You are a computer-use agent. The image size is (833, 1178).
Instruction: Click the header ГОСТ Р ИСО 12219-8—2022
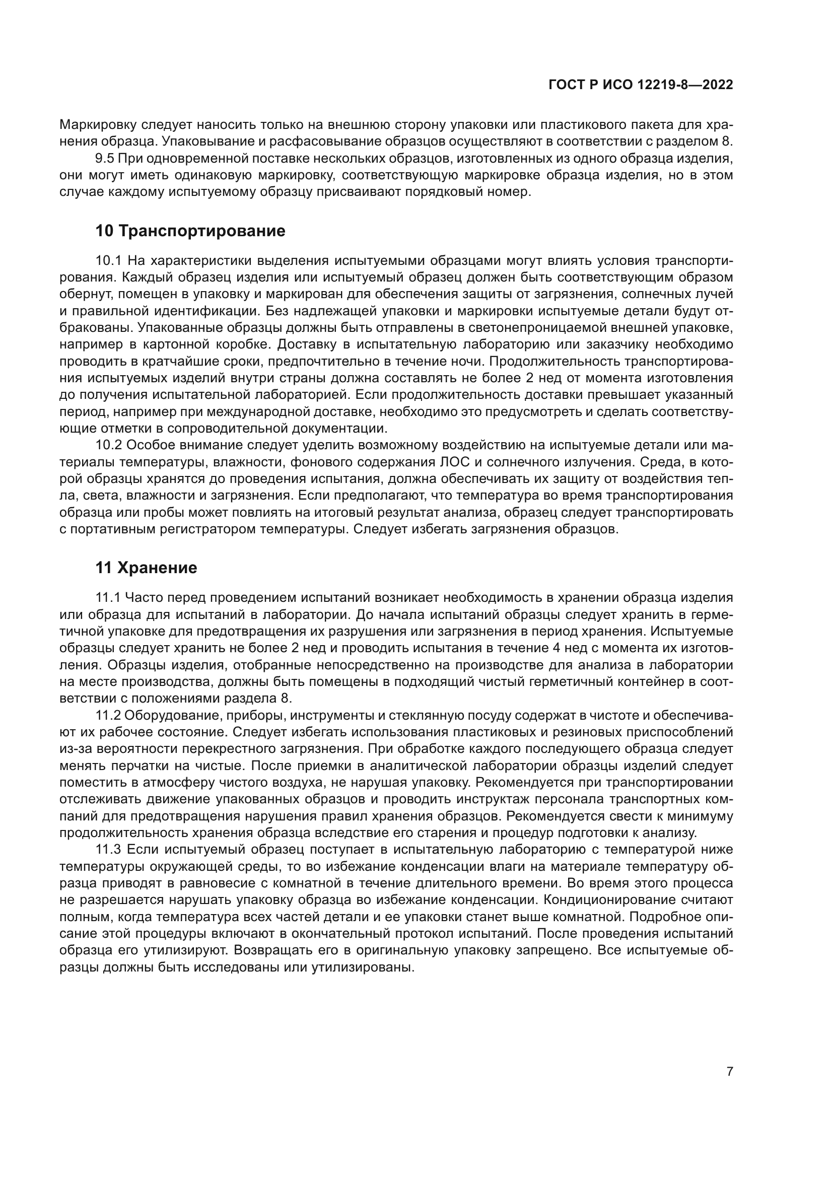tap(640, 85)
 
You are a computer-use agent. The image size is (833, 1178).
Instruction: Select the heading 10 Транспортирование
tap(190, 231)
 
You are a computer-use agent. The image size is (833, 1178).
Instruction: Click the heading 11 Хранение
tap(146, 568)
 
